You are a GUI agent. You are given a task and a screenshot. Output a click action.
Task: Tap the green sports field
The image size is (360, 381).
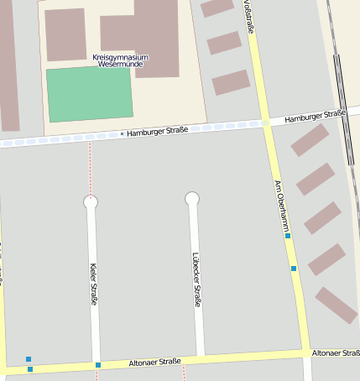89,94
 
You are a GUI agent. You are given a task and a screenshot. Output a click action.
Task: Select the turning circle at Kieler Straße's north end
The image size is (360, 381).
91,201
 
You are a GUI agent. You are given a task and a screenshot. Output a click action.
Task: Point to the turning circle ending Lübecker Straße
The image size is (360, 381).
192,199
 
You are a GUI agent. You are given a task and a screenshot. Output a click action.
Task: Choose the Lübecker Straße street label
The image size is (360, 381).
197,279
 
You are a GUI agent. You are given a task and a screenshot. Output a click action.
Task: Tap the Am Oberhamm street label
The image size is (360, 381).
282,205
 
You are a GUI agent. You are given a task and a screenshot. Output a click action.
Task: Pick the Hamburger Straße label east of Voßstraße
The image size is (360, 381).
315,116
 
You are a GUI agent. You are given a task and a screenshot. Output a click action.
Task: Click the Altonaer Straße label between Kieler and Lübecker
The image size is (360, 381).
154,363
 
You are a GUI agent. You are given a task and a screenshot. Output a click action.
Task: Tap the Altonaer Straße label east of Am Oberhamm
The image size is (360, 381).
335,353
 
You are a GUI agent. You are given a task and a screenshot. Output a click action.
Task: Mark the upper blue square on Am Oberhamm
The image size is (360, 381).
288,236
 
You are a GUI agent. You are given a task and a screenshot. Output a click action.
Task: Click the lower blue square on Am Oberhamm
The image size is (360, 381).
294,269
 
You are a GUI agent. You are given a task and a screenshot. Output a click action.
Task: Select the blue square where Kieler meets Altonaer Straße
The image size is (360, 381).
98,365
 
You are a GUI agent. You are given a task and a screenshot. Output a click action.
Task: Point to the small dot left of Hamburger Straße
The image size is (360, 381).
122,133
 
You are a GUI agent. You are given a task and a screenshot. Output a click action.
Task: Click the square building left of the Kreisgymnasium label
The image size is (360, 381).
65,34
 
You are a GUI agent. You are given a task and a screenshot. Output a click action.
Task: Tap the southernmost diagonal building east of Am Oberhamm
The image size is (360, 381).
337,305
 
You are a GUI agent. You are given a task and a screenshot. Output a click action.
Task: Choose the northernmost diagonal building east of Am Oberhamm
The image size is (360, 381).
310,140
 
